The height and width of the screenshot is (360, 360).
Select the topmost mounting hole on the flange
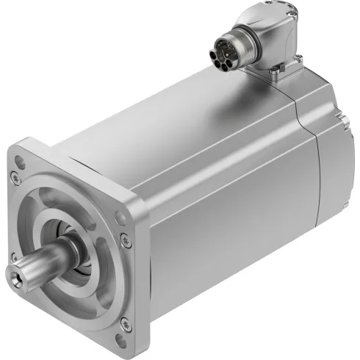coord(15,176)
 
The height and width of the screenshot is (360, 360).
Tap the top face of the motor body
coord(184,110)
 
